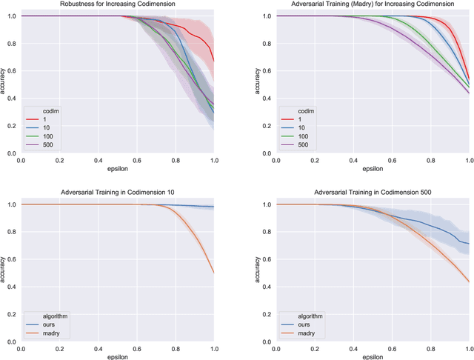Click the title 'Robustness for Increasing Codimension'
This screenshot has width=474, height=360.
point(117,5)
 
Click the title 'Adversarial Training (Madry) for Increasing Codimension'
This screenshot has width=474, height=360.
point(373,5)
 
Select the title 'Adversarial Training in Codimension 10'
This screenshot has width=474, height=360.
point(117,193)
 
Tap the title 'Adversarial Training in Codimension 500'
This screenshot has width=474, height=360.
point(373,193)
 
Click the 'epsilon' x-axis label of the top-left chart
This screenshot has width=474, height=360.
point(117,170)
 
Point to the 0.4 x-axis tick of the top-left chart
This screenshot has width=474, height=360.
point(98,161)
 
